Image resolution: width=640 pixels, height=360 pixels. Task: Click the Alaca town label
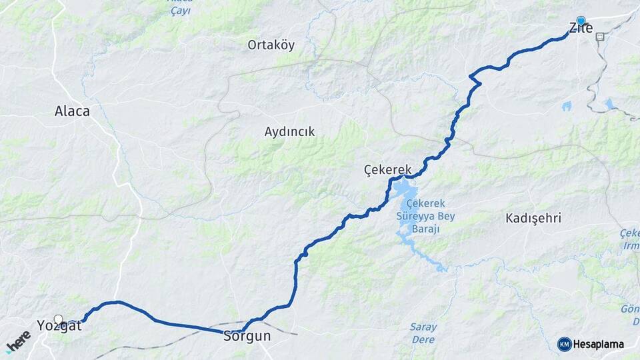tap(72, 111)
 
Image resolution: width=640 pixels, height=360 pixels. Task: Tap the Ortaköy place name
tap(271, 45)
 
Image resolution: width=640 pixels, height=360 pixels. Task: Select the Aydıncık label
tap(289, 131)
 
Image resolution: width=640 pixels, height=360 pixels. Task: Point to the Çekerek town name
tap(388, 169)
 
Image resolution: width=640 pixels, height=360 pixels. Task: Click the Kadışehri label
tap(533, 218)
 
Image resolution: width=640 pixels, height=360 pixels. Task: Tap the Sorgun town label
tap(247, 336)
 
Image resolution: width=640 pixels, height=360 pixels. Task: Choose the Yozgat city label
tap(59, 326)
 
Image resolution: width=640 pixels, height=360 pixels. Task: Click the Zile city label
tap(581, 28)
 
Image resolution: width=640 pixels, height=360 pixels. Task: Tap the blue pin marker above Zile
tap(581, 21)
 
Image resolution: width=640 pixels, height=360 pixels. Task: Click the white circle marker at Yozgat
tap(59, 319)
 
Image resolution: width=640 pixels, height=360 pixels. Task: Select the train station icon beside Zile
tap(600, 37)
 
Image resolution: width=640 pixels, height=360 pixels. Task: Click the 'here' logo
tap(18, 341)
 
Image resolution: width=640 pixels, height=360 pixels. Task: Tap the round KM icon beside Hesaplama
tap(564, 344)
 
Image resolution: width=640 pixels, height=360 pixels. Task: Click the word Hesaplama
tap(599, 345)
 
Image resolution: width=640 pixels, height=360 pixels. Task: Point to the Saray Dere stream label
tap(423, 333)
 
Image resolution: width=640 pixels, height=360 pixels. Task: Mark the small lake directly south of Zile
tap(566, 105)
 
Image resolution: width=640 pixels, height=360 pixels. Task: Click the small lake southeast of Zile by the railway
tap(609, 103)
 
